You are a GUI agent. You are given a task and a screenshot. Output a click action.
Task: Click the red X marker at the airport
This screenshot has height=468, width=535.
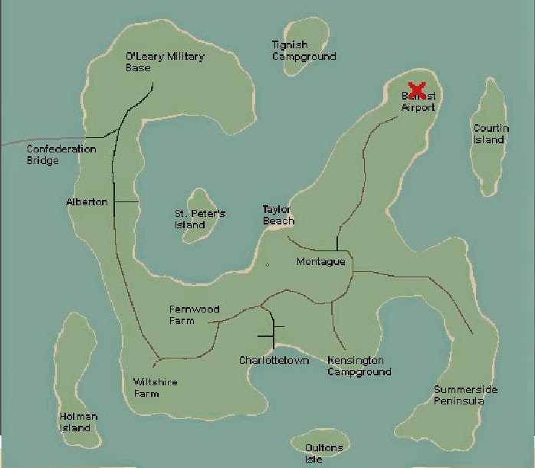pos(417,90)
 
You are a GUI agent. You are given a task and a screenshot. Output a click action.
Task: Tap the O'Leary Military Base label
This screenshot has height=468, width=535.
pos(165,62)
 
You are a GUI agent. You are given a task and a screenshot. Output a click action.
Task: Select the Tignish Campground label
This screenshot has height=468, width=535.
pos(304,51)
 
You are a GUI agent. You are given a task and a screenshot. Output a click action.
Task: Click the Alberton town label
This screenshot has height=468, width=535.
pos(87,202)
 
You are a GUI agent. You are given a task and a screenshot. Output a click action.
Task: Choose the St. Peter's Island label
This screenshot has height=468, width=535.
pos(200,219)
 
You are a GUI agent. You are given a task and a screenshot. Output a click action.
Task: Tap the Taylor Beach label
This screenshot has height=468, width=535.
pos(278,215)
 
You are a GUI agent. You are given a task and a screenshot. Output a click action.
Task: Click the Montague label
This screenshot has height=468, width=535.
pos(320,262)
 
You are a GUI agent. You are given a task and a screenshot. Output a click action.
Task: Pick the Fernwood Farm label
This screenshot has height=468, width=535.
pos(194,315)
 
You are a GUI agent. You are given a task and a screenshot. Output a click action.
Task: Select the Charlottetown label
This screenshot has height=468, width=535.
pos(274,360)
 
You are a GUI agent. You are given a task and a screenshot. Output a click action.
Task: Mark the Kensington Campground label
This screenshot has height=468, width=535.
pos(359,366)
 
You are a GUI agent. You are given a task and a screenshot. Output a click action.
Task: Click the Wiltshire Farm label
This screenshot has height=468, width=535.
pos(156,388)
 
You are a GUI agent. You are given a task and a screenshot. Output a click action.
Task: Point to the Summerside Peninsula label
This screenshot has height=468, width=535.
pos(465,395)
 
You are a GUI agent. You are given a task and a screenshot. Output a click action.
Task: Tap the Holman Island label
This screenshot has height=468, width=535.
pos(78,422)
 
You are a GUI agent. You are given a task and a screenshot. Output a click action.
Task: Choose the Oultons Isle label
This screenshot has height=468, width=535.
pos(323,453)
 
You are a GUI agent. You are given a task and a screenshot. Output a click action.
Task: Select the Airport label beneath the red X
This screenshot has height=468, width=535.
pos(418,108)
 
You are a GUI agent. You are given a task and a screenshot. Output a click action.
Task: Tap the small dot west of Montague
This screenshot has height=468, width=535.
pos(267,265)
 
